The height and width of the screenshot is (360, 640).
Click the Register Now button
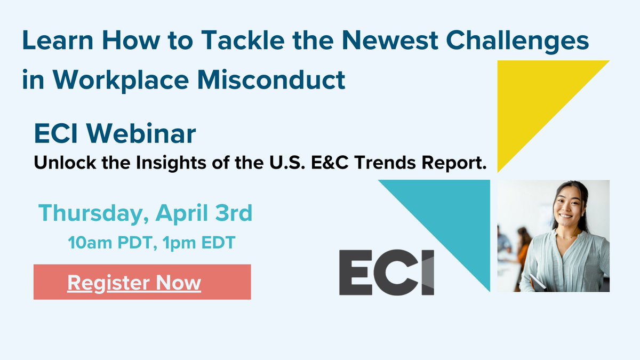(142, 282)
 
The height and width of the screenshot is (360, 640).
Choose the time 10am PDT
(110, 243)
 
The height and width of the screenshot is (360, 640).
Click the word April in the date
(179, 214)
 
